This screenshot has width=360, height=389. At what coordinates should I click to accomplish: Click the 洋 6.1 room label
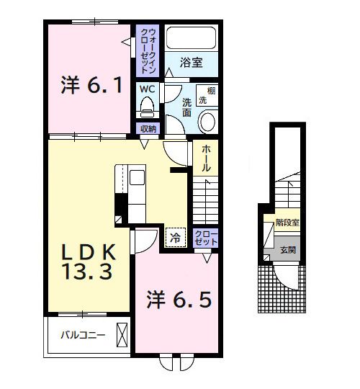click(90, 86)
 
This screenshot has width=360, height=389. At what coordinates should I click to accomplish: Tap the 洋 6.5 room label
click(180, 298)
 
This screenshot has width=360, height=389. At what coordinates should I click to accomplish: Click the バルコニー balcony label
click(83, 336)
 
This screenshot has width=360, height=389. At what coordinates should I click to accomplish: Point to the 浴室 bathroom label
click(191, 63)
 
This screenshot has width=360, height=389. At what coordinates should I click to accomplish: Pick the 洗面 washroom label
click(186, 107)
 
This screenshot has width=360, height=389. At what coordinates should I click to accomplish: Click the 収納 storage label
click(148, 129)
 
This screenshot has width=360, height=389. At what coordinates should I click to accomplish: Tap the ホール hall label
click(205, 156)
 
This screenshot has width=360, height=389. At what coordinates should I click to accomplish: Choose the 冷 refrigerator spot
click(175, 236)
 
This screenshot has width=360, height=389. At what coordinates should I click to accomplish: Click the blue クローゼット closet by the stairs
click(206, 238)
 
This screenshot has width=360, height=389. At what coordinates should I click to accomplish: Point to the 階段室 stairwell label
click(287, 223)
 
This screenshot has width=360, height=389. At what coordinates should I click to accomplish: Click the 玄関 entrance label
click(287, 250)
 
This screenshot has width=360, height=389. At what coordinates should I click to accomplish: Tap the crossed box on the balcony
click(122, 335)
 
